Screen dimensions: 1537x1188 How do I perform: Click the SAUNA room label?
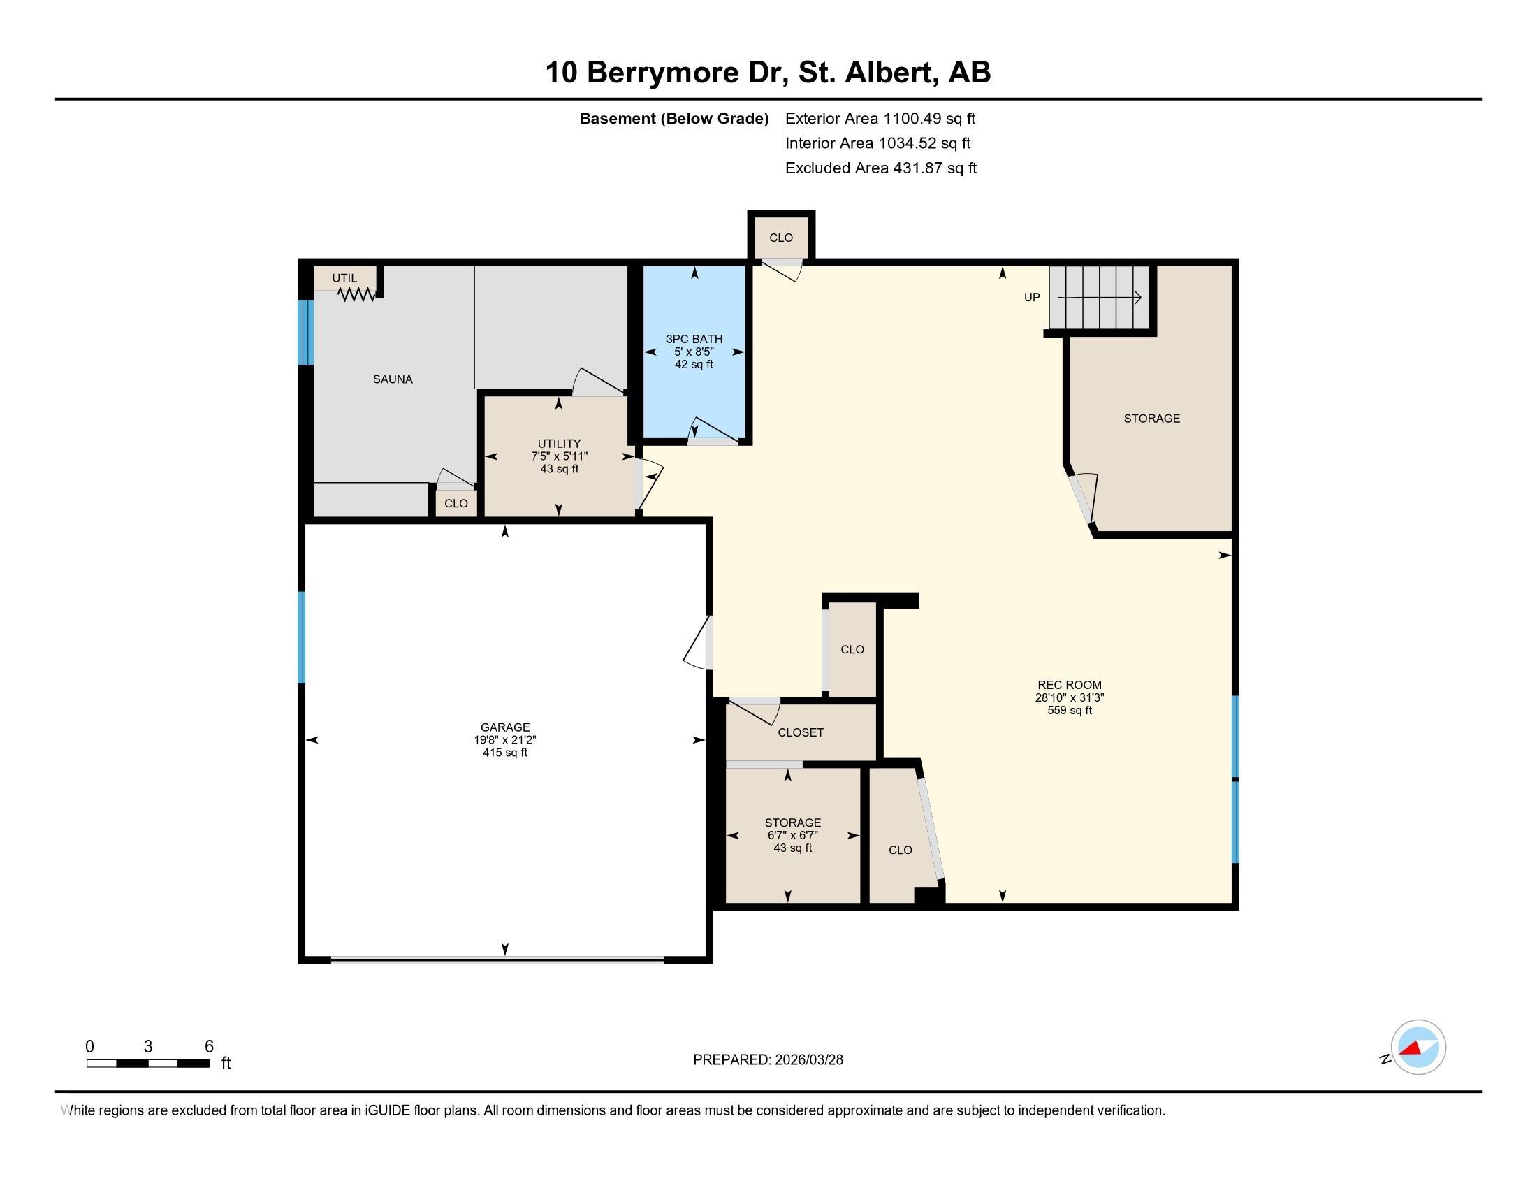click(x=393, y=379)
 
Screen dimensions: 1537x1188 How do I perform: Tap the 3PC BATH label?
click(x=694, y=339)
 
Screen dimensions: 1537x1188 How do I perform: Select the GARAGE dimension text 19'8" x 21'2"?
click(x=504, y=739)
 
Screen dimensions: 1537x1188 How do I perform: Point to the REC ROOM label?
click(x=1069, y=685)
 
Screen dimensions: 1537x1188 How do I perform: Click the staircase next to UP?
click(x=1099, y=297)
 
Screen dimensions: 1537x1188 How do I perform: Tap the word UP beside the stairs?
click(x=1032, y=297)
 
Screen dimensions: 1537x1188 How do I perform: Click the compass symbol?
click(x=1418, y=1048)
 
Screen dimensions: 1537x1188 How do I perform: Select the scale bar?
click(x=148, y=1064)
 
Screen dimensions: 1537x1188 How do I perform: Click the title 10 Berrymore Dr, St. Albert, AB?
click(x=768, y=73)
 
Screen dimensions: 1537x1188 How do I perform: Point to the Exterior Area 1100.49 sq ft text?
click(x=880, y=118)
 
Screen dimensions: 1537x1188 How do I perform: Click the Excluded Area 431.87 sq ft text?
click(x=881, y=168)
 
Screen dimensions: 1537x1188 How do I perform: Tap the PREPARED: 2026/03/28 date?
click(x=768, y=1060)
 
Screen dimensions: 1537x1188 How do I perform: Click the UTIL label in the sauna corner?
click(x=345, y=278)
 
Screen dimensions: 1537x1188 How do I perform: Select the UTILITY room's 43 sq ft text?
click(x=559, y=469)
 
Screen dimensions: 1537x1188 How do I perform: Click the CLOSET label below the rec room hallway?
click(x=800, y=732)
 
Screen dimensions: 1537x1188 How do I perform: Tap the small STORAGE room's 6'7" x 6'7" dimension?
click(x=792, y=835)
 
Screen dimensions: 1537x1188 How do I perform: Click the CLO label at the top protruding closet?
click(x=780, y=238)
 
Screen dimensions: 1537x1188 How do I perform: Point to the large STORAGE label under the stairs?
click(x=1151, y=419)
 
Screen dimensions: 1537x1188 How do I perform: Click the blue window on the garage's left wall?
click(x=302, y=637)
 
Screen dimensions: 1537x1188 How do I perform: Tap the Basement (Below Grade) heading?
click(x=673, y=118)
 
